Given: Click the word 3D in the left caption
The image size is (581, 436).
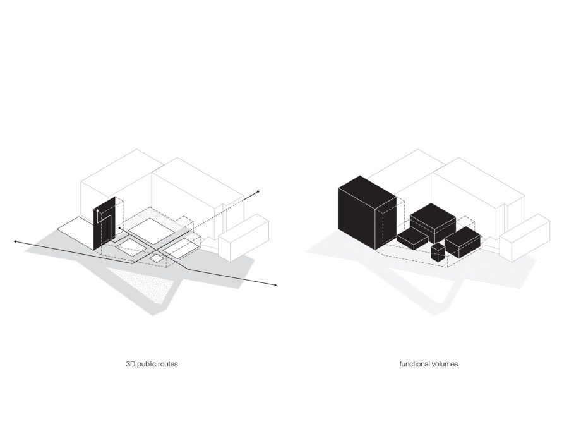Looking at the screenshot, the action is coord(131,364).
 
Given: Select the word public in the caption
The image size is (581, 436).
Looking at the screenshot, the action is coord(146,365).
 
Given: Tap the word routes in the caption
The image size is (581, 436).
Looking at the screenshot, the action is coord(167,364).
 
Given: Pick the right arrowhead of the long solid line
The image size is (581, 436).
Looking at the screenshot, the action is coord(275,285).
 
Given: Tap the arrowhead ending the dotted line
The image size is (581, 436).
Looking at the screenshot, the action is coord(258,191).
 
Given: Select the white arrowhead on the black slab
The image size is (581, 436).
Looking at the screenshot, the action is coord(97,210).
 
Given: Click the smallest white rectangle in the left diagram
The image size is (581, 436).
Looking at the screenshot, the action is coord(156,258).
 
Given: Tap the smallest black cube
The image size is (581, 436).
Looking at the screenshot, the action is coord(438,253).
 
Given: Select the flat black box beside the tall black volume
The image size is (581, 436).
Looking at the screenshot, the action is coord(413,238).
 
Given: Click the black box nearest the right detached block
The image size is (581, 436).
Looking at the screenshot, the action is coord(463,242).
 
